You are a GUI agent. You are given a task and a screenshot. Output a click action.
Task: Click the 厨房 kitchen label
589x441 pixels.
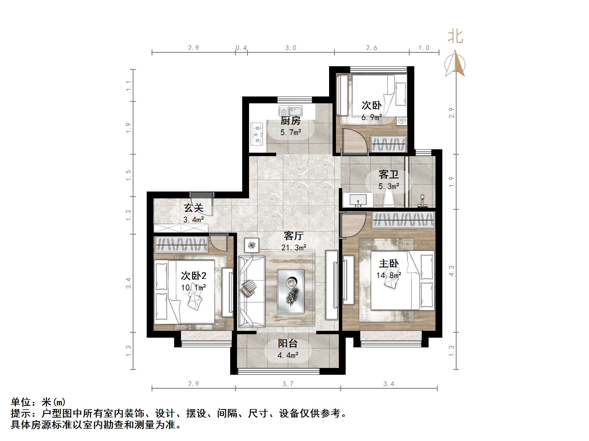(290, 121)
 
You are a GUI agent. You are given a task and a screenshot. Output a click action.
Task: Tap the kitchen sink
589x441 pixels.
(291, 111)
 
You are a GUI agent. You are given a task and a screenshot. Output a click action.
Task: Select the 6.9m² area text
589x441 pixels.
(371, 117)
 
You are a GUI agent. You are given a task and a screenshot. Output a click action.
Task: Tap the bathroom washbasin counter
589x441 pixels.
(358, 200)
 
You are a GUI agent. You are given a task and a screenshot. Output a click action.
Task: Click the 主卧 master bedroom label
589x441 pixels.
(389, 263)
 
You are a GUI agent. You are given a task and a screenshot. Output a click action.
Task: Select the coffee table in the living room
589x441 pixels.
(290, 291)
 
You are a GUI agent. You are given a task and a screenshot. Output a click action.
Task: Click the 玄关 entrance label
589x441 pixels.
(194, 208)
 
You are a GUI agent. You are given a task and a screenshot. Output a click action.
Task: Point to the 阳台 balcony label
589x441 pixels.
(288, 343)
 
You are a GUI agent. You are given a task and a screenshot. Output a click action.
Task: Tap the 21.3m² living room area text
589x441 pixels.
(294, 248)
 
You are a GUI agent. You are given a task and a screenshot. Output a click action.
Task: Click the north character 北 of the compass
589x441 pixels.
(455, 37)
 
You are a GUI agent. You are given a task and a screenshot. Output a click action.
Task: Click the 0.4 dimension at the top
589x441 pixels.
(241, 48)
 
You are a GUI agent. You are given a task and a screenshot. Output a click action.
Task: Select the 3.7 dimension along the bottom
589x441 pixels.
(288, 384)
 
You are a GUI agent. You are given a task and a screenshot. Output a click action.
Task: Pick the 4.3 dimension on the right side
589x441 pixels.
(451, 271)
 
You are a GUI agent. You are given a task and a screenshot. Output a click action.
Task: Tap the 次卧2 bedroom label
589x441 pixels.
(194, 276)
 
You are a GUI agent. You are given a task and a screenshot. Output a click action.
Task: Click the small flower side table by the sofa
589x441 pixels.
(252, 245)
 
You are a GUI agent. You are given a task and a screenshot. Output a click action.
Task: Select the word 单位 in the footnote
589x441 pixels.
(21, 402)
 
